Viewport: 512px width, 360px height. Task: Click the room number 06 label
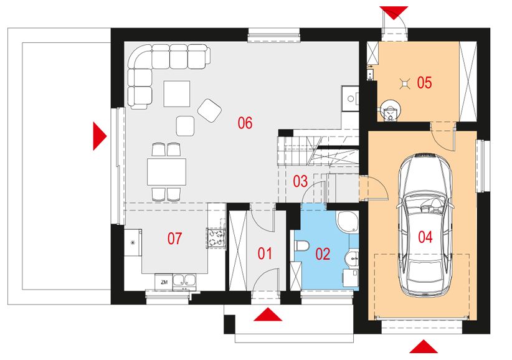pos(245,123)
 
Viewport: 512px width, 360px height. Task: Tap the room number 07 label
pos(174,239)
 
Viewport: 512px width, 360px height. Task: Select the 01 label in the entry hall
pos(265,253)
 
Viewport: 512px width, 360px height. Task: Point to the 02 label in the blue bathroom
pos(323,254)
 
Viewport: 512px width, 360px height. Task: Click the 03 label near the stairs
pos(300,181)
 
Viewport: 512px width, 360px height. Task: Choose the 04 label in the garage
pos(425,237)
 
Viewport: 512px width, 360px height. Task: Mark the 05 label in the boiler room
pos(424,83)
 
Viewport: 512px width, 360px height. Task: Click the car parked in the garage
pos(425,225)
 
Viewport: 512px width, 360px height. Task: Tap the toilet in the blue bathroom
pos(301,246)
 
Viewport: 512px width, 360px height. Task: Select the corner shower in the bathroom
pos(348,222)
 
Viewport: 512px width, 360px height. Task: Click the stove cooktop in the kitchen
pos(216,237)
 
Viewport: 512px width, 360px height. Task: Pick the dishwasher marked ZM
pos(164,282)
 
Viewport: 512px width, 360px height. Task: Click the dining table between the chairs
pos(166,172)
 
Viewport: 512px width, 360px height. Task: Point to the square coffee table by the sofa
pos(177,93)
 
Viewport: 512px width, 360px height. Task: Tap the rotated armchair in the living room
pos(210,110)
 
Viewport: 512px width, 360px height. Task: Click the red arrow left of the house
pos(100,136)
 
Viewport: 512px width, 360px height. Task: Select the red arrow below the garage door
pos(424,347)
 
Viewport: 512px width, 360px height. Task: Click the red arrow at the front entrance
pos(268,315)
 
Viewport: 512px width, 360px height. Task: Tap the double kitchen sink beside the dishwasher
pos(184,282)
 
